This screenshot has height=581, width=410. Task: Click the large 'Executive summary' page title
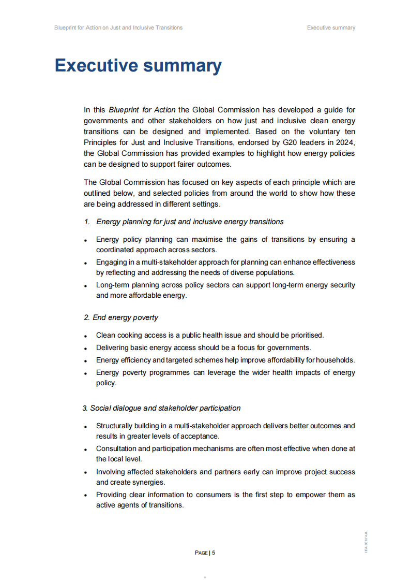(138, 66)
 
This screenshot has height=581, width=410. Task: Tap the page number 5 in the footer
(214, 553)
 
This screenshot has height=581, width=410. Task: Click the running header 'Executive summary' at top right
(331, 27)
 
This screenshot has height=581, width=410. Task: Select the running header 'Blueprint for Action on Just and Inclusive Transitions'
(118, 27)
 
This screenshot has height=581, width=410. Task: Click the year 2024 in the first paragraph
(347, 142)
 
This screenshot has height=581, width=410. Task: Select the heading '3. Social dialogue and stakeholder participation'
(161, 408)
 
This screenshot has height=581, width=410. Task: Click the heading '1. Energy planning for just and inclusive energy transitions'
(184, 222)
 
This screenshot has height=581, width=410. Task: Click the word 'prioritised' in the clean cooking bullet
(305, 335)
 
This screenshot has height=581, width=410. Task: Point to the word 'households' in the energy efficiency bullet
(335, 360)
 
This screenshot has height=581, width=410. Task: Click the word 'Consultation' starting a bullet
(117, 448)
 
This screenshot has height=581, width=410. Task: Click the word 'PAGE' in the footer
(201, 553)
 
